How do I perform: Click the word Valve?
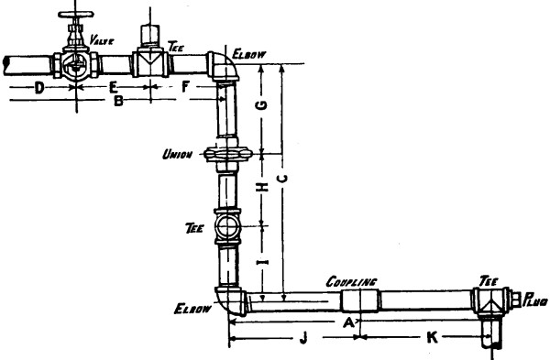(x=108, y=41)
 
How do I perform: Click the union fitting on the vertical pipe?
(x=226, y=154)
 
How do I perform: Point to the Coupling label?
(x=351, y=284)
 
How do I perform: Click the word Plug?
(x=534, y=298)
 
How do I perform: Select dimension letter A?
(x=347, y=322)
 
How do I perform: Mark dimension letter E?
(x=113, y=87)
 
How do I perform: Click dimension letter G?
(x=261, y=106)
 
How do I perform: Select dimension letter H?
(x=261, y=187)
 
